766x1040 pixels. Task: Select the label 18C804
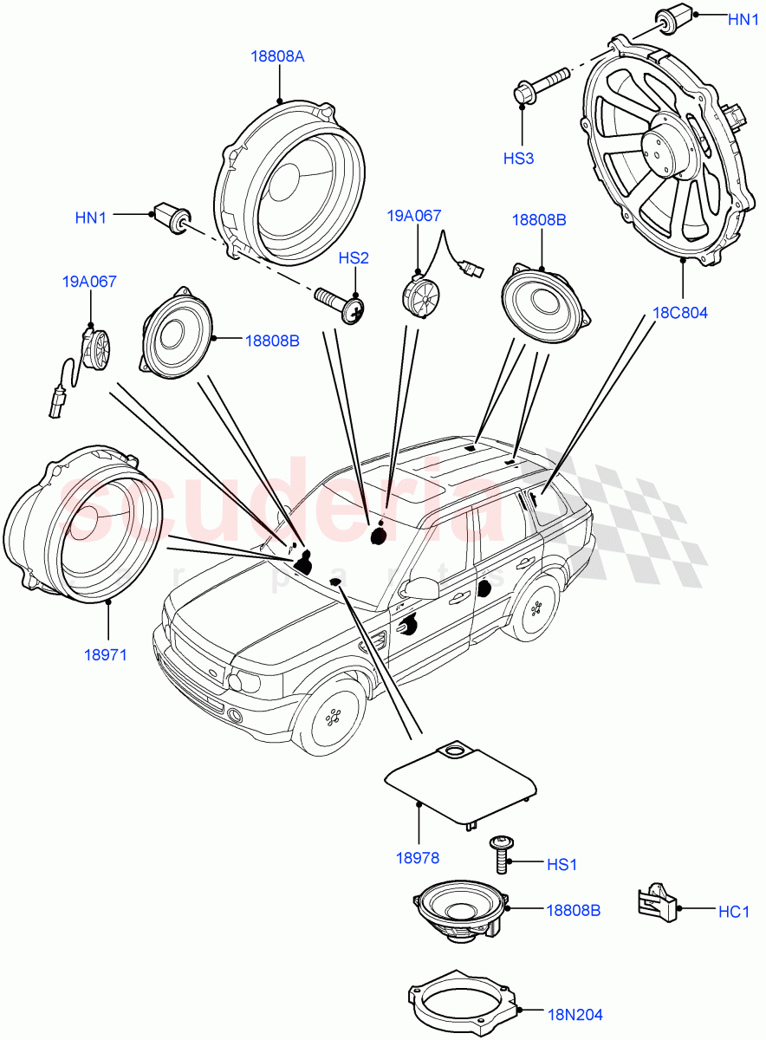(681, 313)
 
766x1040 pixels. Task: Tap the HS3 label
(521, 158)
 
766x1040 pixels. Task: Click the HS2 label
(354, 257)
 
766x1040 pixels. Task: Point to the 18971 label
(105, 654)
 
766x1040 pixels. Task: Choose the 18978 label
(418, 858)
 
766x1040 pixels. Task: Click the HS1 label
(562, 864)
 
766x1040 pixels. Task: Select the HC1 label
(733, 911)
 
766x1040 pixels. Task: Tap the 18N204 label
(574, 1014)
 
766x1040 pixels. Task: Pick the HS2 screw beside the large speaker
(343, 304)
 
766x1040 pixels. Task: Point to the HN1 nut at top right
(670, 18)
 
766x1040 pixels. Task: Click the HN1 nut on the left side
(171, 218)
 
